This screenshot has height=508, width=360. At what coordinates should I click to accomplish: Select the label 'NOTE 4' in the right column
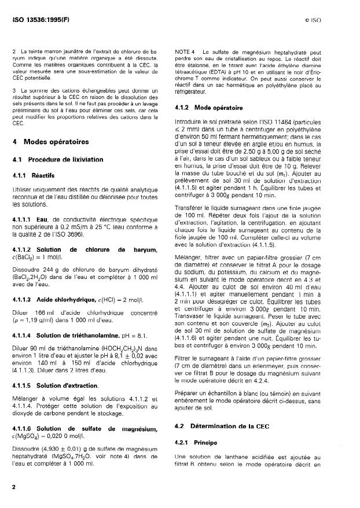tap(186, 53)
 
